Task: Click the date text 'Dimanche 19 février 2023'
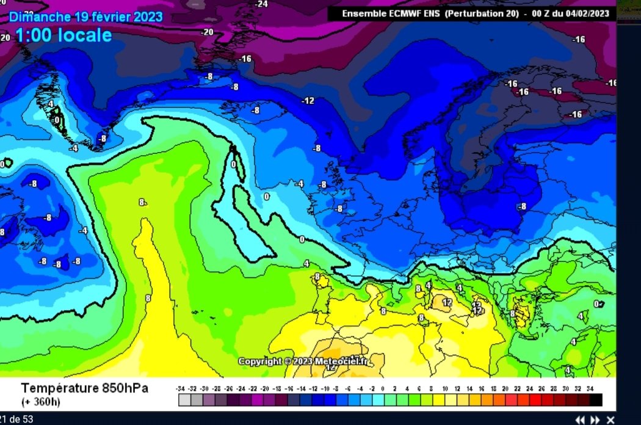pyautogui.click(x=86, y=16)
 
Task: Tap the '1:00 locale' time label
pyautogui.click(x=63, y=35)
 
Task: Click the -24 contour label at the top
pyautogui.click(x=261, y=4)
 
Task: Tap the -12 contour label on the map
pyautogui.click(x=308, y=101)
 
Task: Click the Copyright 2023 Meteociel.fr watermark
pyautogui.click(x=303, y=361)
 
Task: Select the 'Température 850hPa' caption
pyautogui.click(x=85, y=388)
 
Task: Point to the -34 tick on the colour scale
pyautogui.click(x=181, y=388)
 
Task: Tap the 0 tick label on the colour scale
pyautogui.click(x=383, y=388)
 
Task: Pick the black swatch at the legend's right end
pyautogui.click(x=596, y=400)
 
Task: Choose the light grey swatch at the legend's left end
pyautogui.click(x=184, y=400)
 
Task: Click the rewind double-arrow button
pyautogui.click(x=580, y=420)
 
